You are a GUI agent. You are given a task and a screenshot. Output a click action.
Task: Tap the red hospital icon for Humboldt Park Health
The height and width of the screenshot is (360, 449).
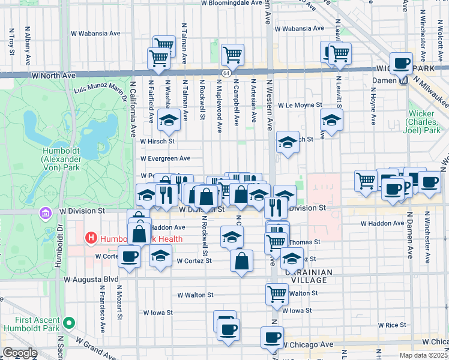pos(91,238)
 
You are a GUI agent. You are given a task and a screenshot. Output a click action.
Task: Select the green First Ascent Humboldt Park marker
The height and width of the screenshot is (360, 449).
pos(69,323)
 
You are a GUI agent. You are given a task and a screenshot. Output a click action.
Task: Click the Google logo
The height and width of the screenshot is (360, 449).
pos(20,353)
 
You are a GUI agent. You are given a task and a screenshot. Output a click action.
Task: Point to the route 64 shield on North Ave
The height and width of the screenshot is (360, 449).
pos(225,73)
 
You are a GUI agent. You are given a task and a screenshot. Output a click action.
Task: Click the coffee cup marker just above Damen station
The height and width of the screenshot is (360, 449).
pos(401,62)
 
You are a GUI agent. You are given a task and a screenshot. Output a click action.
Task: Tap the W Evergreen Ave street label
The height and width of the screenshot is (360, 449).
pos(165,158)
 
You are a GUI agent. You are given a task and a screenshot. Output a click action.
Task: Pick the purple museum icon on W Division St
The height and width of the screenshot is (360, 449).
pos(45,213)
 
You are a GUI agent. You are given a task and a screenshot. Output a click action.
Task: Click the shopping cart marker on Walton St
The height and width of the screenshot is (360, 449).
pos(277,293)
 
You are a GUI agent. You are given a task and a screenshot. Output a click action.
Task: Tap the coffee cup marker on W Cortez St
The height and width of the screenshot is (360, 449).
pos(129,256)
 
